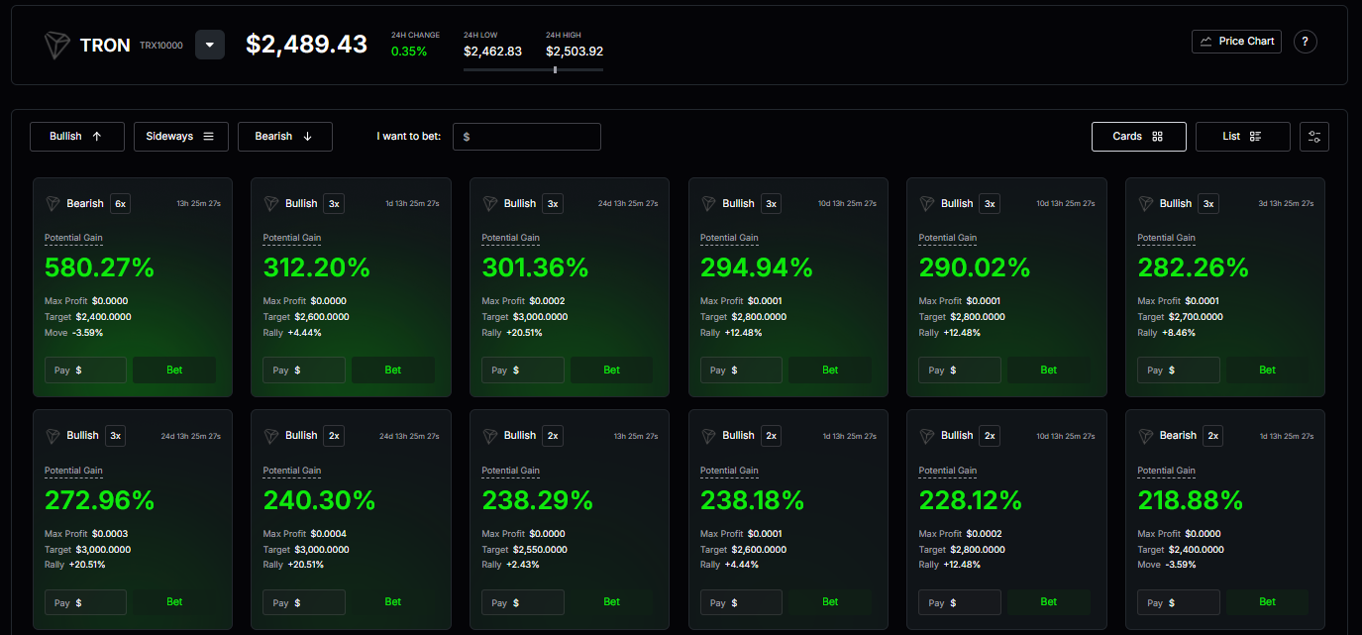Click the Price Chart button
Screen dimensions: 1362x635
[1236, 42]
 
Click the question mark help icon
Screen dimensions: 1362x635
[1305, 42]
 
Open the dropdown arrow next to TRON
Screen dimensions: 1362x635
[210, 45]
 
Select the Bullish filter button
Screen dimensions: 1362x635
[77, 137]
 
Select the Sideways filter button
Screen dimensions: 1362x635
[181, 137]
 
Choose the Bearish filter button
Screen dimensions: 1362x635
[285, 137]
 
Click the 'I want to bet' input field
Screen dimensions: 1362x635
[527, 137]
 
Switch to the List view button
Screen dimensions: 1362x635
[1243, 137]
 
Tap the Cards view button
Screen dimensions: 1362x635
[1139, 137]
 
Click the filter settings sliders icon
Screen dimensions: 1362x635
[1314, 137]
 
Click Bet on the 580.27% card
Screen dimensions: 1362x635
[174, 370]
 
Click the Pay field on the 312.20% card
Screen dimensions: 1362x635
[304, 370]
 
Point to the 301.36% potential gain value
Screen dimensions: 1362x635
[535, 267]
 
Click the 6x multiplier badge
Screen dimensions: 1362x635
[121, 204]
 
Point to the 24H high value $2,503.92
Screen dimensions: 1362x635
[575, 52]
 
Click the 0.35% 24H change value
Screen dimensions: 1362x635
[409, 52]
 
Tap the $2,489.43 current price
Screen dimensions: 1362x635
[306, 44]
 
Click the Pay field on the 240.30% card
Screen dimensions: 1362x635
[304, 602]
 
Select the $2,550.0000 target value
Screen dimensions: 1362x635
[540, 549]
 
